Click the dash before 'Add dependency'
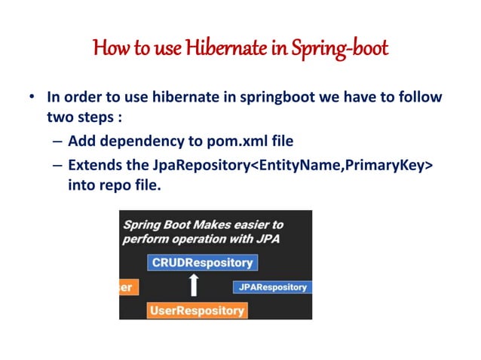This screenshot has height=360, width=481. click(57, 141)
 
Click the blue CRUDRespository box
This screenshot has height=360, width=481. click(203, 263)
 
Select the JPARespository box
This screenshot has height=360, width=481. click(272, 287)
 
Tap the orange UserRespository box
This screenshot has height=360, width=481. click(197, 310)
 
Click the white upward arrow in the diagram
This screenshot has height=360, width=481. click(195, 285)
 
